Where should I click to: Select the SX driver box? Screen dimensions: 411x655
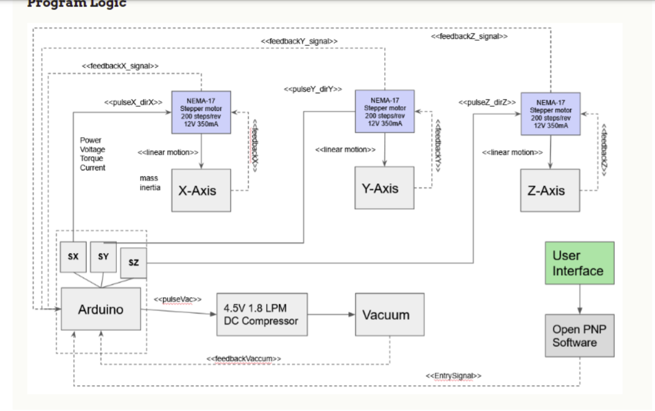73,256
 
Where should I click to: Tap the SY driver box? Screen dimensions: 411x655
103,256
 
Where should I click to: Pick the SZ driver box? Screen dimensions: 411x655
134,263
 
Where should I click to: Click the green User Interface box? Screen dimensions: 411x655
579,263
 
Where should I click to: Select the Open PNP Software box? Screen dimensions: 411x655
579,336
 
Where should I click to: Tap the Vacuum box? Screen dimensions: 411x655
389,315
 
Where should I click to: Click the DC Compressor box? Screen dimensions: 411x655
261,315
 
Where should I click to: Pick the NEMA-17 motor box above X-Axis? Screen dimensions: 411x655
201,112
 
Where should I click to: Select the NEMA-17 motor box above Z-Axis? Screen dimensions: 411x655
550,114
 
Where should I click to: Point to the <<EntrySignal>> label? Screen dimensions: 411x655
453,376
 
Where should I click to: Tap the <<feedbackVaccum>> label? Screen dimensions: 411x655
244,359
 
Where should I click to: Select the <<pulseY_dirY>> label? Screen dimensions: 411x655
313,89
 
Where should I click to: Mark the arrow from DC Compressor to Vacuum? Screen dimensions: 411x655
331,315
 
